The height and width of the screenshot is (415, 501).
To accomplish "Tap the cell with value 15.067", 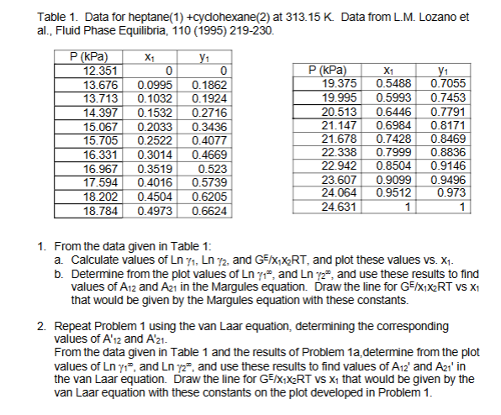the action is [82, 128].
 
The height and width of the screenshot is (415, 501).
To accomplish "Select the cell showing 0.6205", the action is [208, 197].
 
